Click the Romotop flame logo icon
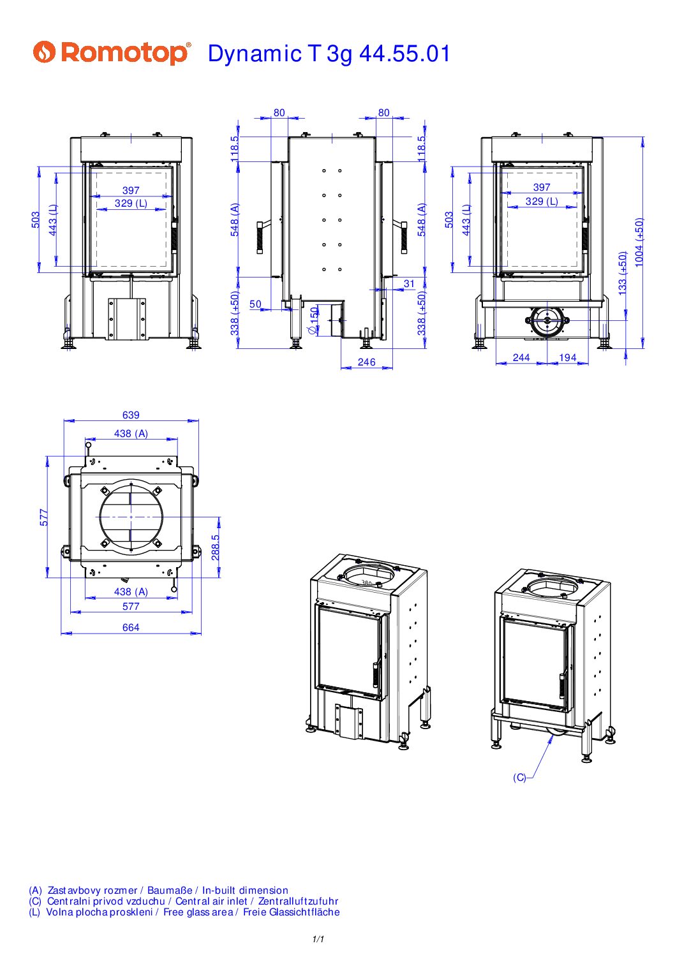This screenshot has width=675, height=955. click(x=45, y=52)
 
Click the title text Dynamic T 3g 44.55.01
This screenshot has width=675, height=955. click(x=329, y=54)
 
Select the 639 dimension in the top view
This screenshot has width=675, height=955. click(x=131, y=415)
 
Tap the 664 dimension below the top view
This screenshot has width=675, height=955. click(x=131, y=627)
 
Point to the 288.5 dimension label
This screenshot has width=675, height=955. click(x=216, y=547)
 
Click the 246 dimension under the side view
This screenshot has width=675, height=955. click(x=366, y=362)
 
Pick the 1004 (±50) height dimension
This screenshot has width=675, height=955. click(x=639, y=242)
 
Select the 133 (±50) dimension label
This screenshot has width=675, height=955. click(x=623, y=273)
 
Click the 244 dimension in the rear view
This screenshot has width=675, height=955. click(x=521, y=357)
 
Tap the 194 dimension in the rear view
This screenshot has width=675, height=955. click(x=568, y=357)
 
